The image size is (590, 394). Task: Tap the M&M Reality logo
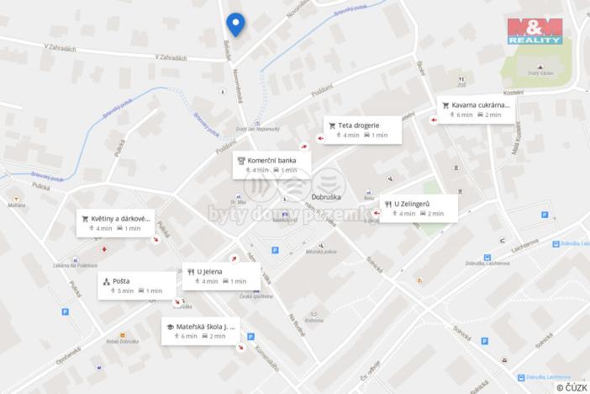click(x=534, y=30)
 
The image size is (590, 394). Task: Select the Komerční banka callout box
click(x=271, y=164)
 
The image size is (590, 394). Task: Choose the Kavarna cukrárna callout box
click(x=477, y=109)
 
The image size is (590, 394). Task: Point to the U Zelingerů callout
click(x=418, y=208)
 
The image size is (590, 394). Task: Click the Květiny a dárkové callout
click(x=116, y=222)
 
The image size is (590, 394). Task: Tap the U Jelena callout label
click(x=221, y=275)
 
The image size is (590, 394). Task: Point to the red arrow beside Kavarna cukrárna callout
click(x=434, y=120)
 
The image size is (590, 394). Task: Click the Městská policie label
click(x=320, y=252)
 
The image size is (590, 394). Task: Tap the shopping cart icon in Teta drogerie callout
click(x=333, y=125)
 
